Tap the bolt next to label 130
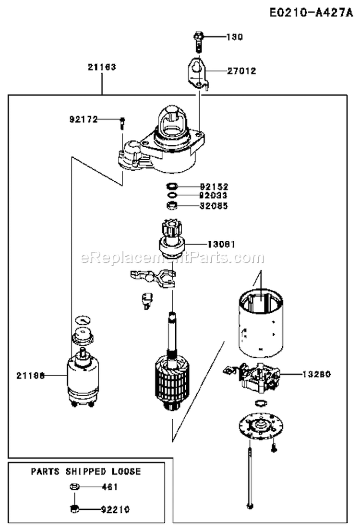(198, 42)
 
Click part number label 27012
(241, 71)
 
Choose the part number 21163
(101, 68)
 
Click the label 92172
(83, 119)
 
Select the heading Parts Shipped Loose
(86, 471)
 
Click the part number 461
(109, 486)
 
